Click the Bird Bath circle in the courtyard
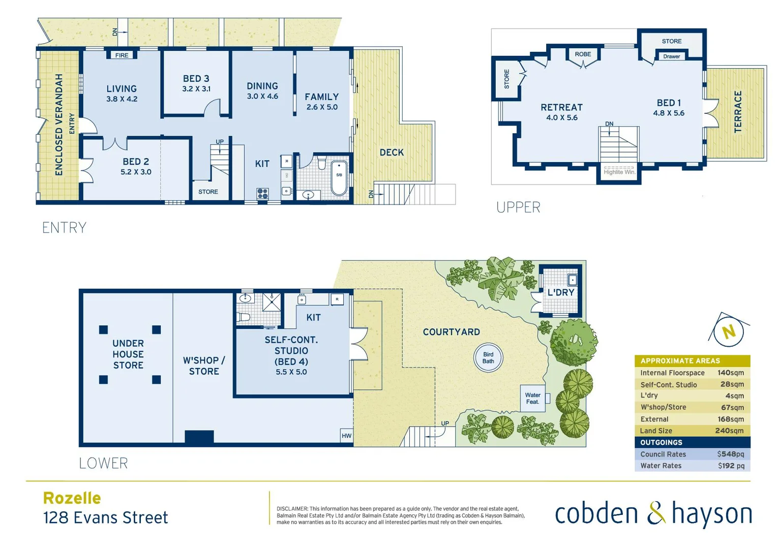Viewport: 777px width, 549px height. click(x=488, y=358)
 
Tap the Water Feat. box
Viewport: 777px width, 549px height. click(x=532, y=399)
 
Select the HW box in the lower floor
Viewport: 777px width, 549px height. click(x=346, y=436)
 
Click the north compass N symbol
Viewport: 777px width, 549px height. click(x=729, y=332)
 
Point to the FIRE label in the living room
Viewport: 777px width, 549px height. click(x=122, y=55)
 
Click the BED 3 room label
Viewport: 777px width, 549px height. click(x=196, y=79)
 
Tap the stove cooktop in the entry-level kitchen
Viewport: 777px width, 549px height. click(x=262, y=193)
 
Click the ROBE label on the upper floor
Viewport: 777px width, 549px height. click(x=583, y=54)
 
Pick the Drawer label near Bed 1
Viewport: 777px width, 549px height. click(x=671, y=56)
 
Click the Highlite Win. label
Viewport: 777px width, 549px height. click(x=619, y=172)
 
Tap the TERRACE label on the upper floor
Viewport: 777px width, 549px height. click(x=738, y=112)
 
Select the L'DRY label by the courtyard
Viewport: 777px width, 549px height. click(x=560, y=293)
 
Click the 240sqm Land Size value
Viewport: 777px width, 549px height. click(x=729, y=431)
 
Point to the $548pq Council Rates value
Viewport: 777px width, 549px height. click(x=730, y=454)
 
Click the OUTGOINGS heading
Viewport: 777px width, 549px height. click(x=661, y=443)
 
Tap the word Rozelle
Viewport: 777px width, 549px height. click(x=72, y=498)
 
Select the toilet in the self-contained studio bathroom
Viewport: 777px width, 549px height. click(x=244, y=318)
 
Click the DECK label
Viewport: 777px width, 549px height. click(x=392, y=152)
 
